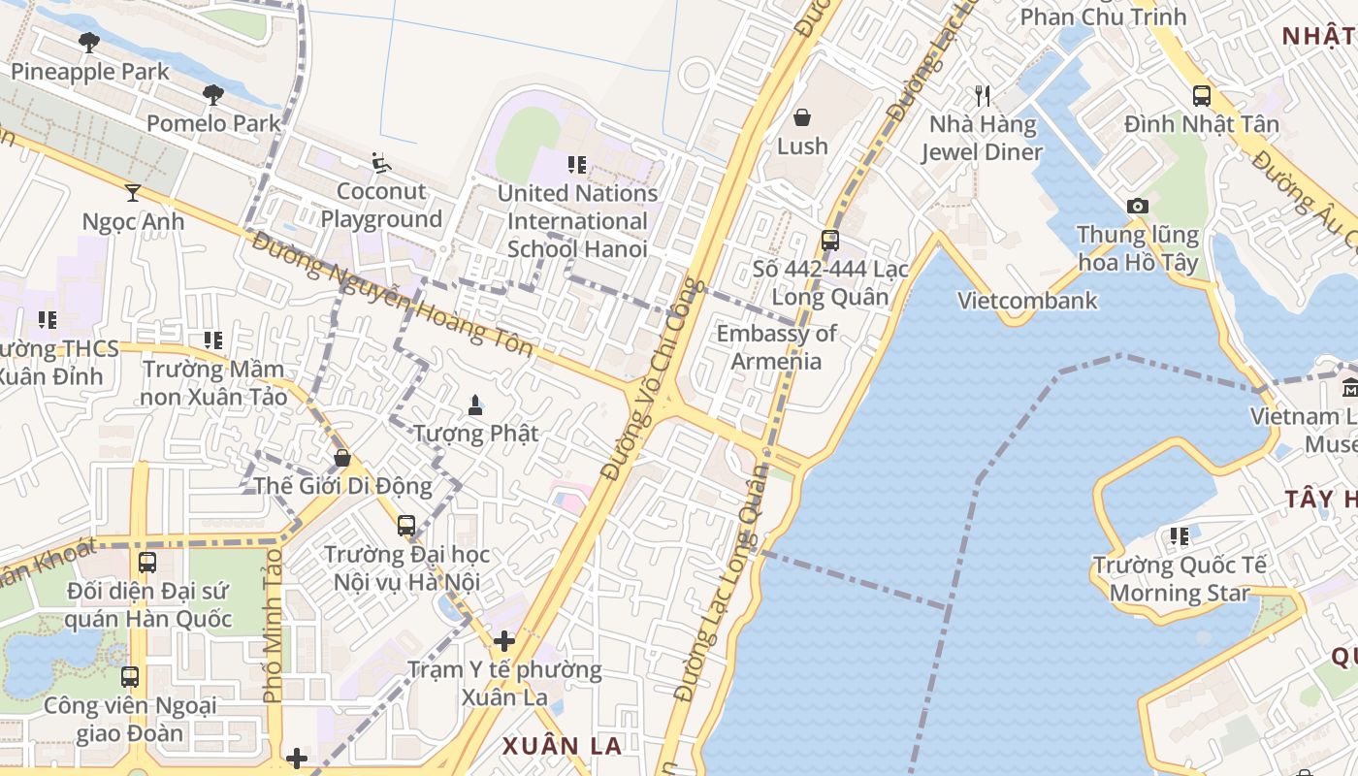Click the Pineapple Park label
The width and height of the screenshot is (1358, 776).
[x=89, y=72]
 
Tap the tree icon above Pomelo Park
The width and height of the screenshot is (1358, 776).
[x=213, y=94]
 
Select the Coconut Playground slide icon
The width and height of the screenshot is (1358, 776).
[x=381, y=163]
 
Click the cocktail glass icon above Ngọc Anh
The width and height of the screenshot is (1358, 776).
[x=133, y=192]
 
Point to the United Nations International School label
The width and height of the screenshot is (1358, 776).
[x=577, y=221]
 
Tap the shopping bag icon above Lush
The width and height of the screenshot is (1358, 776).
[x=802, y=117]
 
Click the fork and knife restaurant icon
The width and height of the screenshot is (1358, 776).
[x=983, y=95]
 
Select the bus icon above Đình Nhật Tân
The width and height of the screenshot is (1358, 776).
[x=1202, y=95]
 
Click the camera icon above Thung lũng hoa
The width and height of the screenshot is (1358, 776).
[x=1138, y=206]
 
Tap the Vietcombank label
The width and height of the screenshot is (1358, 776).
[x=1027, y=301]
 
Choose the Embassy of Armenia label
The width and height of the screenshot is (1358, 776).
[x=776, y=347]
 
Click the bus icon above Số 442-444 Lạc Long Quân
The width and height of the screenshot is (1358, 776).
[x=830, y=240]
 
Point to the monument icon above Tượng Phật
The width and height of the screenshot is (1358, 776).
[x=475, y=404]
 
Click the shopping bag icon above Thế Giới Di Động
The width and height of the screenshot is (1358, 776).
[x=341, y=457]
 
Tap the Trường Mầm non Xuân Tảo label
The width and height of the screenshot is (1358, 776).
[x=213, y=383]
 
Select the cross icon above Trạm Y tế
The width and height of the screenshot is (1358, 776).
[x=503, y=641]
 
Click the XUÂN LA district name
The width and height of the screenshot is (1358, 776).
[x=562, y=746]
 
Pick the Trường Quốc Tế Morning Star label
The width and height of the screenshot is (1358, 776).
[x=1180, y=579]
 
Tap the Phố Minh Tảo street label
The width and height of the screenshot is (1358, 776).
[x=273, y=627]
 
